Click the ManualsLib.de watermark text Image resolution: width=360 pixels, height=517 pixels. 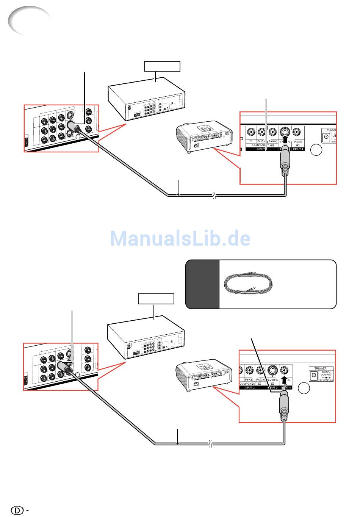[180, 238]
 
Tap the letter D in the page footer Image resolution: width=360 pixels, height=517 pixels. [17, 510]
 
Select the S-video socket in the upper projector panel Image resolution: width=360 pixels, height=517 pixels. [285, 132]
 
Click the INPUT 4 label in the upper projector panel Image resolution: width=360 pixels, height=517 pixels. [298, 149]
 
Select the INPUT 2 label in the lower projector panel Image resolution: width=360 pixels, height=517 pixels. [250, 388]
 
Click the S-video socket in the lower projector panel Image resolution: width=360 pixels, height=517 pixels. [272, 370]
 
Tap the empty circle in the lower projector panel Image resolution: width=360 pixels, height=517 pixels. [304, 389]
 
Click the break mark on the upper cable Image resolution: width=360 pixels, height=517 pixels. [214, 196]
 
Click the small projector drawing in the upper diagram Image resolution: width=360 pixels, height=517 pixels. [203, 139]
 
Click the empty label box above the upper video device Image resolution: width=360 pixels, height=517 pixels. [162, 66]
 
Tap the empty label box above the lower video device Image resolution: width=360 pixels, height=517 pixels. [156, 299]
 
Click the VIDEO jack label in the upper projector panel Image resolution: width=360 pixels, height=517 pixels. [298, 142]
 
